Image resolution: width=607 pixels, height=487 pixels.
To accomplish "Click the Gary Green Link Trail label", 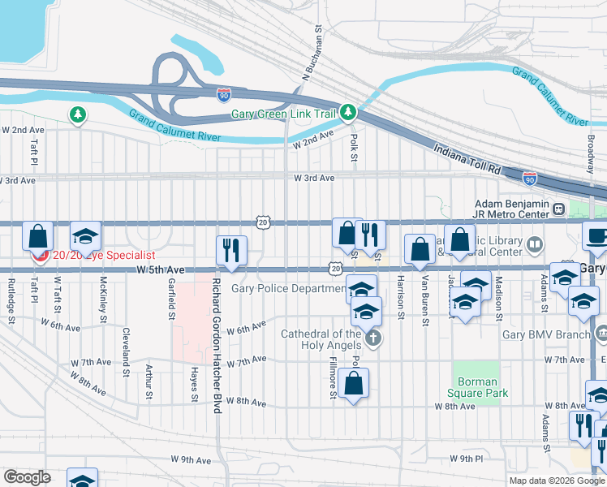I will coord(283,114).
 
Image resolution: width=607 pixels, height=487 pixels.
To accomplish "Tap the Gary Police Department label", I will coord(288,288).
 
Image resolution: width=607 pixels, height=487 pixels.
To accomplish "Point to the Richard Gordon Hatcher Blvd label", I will coord(217,347).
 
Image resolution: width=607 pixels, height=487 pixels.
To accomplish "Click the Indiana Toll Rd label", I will coord(468,161).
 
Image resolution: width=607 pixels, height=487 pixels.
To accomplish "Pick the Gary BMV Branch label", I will coord(545,334).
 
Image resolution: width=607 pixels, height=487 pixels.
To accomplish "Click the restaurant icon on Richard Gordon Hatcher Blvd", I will coord(230,249).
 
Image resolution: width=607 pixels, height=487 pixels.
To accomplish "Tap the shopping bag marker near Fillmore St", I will coord(354,383).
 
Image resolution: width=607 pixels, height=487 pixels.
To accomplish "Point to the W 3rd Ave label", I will coord(314,178).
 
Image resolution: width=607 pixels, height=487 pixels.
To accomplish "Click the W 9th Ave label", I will coord(191,459).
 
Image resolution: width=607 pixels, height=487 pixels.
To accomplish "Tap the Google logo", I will coord(27,477).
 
